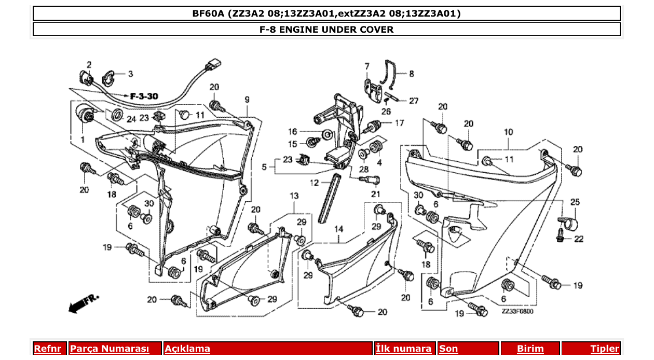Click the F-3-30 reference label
tap(144, 96)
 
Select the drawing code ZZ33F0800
tap(517, 312)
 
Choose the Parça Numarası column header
tap(110, 349)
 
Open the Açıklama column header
tap(187, 349)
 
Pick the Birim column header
tap(530, 349)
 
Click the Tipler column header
tap(604, 349)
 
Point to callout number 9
tap(247, 100)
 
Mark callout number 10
tap(508, 132)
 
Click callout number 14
tap(338, 229)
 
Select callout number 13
tap(294, 196)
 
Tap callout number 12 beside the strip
tap(315, 183)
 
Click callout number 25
tap(575, 202)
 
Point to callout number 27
tap(413, 101)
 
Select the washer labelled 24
tap(117, 115)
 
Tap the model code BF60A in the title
tap(208, 13)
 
